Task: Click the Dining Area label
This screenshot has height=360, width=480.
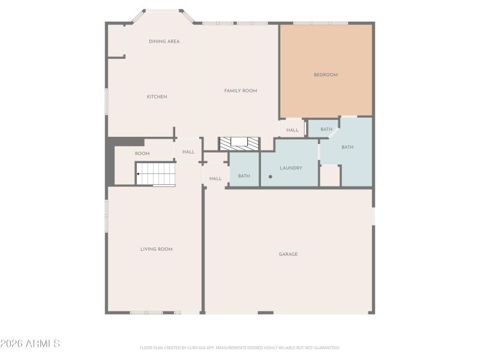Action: tap(164, 41)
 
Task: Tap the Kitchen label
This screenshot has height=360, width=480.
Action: tap(157, 97)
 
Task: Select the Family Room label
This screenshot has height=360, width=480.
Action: tap(241, 91)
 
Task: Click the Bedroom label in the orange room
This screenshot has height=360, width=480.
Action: tap(326, 75)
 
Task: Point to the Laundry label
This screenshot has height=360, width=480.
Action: tap(290, 168)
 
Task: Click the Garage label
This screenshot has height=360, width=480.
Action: tap(288, 254)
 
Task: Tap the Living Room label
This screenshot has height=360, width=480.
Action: tap(157, 249)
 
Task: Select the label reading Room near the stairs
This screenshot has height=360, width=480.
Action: tap(142, 154)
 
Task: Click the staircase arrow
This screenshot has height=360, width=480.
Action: tap(139, 174)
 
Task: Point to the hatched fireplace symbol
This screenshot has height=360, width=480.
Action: tap(239, 143)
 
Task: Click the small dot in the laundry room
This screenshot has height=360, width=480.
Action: tap(271, 176)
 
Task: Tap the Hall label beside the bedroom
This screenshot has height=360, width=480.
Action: tap(292, 130)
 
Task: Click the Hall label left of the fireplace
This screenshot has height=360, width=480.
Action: tap(188, 152)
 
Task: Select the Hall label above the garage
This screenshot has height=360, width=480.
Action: tap(215, 178)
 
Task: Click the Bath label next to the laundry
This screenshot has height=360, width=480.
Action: tap(244, 176)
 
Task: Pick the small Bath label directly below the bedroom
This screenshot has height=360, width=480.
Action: tap(326, 129)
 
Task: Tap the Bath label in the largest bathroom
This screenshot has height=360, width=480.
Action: tap(347, 147)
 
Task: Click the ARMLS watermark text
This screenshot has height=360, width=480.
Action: tap(30, 344)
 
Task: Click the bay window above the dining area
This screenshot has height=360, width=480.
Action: tap(163, 11)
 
